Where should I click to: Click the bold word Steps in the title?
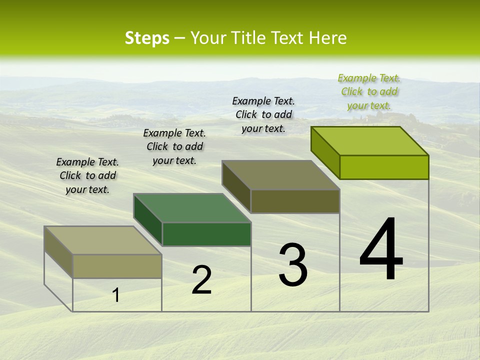[147, 38]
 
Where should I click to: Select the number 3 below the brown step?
[293, 265]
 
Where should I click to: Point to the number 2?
[202, 280]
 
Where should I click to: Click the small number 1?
[116, 295]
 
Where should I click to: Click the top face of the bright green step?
[370, 140]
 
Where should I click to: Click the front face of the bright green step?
[384, 167]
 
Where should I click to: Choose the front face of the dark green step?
[206, 234]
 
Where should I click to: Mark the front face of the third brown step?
[295, 201]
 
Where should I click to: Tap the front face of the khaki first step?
[117, 266]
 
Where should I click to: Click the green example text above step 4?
[369, 92]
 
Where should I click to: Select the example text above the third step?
[263, 114]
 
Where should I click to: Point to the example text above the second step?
[174, 146]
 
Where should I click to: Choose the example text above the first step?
[87, 175]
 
